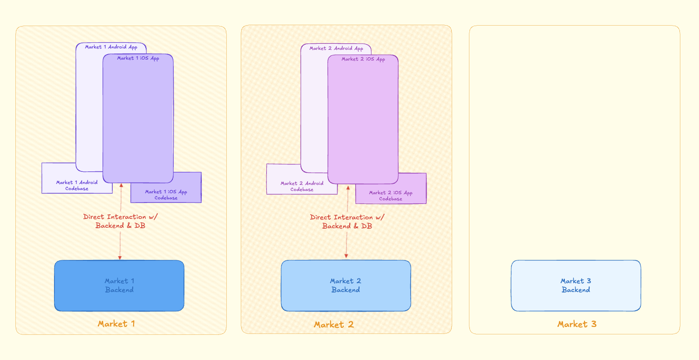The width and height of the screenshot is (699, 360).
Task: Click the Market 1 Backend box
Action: (x=119, y=285)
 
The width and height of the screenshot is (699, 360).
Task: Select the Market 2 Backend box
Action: (x=346, y=285)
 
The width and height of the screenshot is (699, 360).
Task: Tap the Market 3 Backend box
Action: (x=576, y=285)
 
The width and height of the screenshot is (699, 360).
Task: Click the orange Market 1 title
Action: (x=116, y=324)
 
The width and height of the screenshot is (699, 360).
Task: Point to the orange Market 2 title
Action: (x=334, y=325)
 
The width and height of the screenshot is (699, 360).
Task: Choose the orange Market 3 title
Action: (x=577, y=324)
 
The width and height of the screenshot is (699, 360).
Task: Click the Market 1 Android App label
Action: (x=111, y=47)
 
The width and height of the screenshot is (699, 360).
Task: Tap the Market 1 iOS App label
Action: (x=138, y=58)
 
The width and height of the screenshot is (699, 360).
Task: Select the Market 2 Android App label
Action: (x=336, y=48)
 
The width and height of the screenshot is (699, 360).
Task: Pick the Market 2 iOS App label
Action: (x=363, y=59)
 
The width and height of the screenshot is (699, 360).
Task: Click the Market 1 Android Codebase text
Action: (x=77, y=185)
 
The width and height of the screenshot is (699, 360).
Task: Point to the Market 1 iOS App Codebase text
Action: (x=166, y=195)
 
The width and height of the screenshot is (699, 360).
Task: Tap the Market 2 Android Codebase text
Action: (x=302, y=186)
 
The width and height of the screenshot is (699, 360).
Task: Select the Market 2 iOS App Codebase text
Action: (x=391, y=196)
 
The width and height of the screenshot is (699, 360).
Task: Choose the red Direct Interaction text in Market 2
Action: (x=347, y=221)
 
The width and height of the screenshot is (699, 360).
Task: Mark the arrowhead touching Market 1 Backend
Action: (x=120, y=257)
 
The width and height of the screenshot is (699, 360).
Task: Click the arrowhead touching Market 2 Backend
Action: (x=346, y=256)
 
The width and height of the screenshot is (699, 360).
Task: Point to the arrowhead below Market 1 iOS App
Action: (x=122, y=185)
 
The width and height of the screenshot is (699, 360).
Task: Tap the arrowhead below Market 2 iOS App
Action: (x=348, y=187)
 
